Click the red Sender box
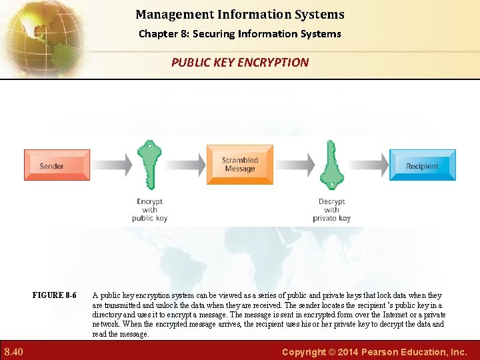(x=57, y=165)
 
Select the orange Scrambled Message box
(x=240, y=165)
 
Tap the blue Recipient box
(x=422, y=165)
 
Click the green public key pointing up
(x=149, y=165)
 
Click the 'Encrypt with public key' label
(x=149, y=210)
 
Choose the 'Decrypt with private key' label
(x=331, y=210)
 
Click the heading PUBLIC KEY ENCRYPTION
(x=240, y=63)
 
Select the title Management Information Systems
(x=240, y=14)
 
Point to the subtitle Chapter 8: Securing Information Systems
(x=240, y=33)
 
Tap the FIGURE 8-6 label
(x=54, y=295)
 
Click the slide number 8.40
(x=14, y=351)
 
